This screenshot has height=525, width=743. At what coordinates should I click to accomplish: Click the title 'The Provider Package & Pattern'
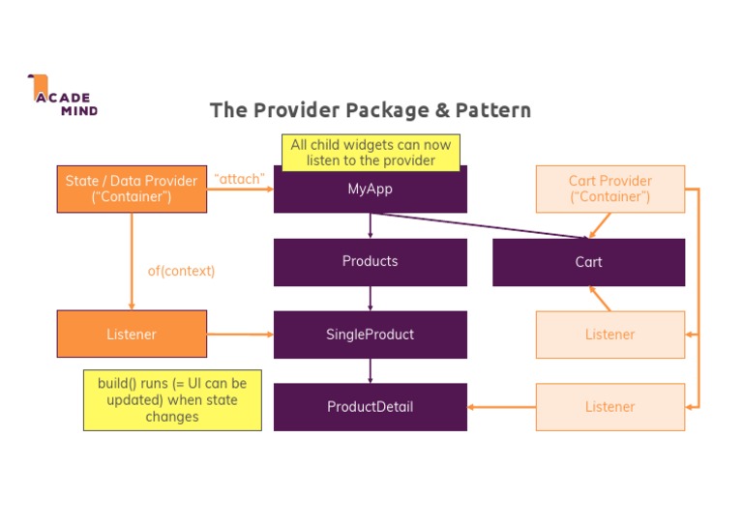pos(371,110)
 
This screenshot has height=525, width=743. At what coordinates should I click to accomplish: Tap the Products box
pos(370,262)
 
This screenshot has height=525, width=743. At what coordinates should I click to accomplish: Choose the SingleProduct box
pos(370,335)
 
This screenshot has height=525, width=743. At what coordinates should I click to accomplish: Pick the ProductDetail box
pos(370,407)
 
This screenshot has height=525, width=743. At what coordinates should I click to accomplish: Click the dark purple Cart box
pos(588,262)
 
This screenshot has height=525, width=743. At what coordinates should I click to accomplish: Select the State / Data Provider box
pos(132,189)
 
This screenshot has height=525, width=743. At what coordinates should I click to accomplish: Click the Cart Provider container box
pos(609,189)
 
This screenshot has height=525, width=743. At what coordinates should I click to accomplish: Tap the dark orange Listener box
pos(132,335)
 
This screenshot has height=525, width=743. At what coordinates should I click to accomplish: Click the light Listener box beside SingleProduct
pos(609,335)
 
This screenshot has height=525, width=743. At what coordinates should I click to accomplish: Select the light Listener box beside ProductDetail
pos(609,407)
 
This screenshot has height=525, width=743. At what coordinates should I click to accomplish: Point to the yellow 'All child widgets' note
pos(371,152)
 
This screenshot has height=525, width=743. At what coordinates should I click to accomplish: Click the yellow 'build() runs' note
pos(172,399)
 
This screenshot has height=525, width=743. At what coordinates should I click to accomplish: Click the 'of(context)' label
pos(181,271)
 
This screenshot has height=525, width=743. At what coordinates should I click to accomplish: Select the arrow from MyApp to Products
pos(370,225)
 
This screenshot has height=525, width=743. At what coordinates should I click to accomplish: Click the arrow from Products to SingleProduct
pos(370,298)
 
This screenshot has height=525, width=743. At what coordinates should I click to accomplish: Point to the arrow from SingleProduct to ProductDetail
pos(370,370)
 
